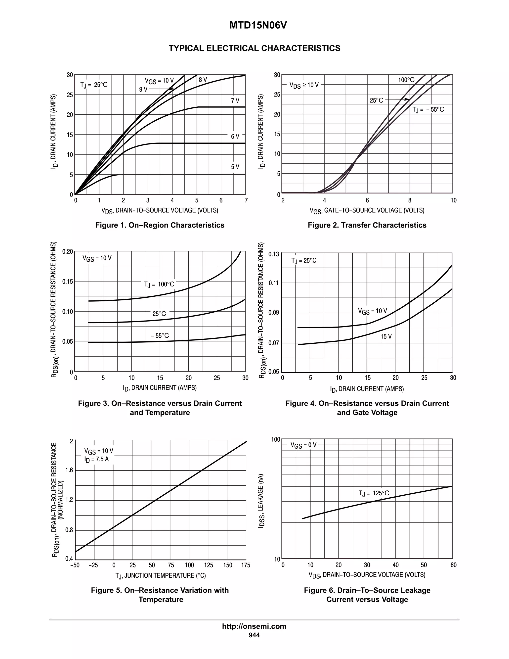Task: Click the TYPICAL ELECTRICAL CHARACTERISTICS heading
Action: pyautogui.click(x=254, y=48)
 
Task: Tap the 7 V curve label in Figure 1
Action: pyautogui.click(x=235, y=100)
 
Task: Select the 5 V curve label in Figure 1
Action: pyautogui.click(x=235, y=167)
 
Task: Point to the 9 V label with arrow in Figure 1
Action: pyautogui.click(x=143, y=89)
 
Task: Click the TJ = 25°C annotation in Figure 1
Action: pyautogui.click(x=94, y=85)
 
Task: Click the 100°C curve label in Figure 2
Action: pyautogui.click(x=406, y=80)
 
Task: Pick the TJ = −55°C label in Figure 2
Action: pyautogui.click(x=428, y=109)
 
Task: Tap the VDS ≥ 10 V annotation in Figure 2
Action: pyautogui.click(x=304, y=85)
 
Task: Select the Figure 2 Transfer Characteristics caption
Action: pyautogui.click(x=367, y=225)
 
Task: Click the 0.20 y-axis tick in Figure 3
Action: pyautogui.click(x=68, y=252)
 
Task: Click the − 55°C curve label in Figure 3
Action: pyautogui.click(x=160, y=335)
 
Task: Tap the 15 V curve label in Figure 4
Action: pyautogui.click(x=386, y=336)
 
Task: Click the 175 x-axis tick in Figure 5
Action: pyautogui.click(x=246, y=565)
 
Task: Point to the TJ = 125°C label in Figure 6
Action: pyautogui.click(x=374, y=493)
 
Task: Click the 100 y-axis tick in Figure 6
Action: pyautogui.click(x=276, y=439)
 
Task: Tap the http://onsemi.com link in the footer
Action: pyautogui.click(x=254, y=626)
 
